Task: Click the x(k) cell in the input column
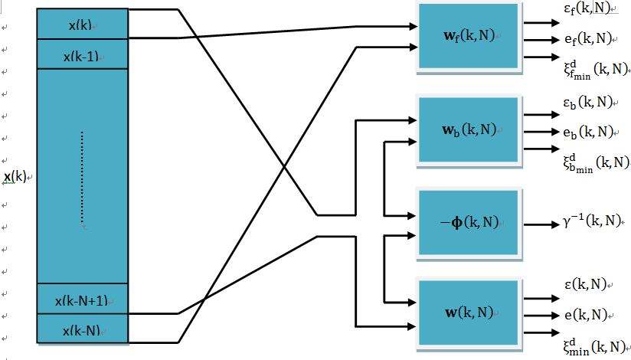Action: click(x=81, y=25)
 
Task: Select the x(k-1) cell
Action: click(x=81, y=55)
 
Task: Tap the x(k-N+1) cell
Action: click(x=81, y=299)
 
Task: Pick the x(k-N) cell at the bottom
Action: click(x=81, y=329)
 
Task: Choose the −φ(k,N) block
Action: click(x=467, y=222)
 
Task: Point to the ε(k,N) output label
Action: click(x=586, y=285)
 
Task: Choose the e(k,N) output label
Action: click(x=586, y=314)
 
